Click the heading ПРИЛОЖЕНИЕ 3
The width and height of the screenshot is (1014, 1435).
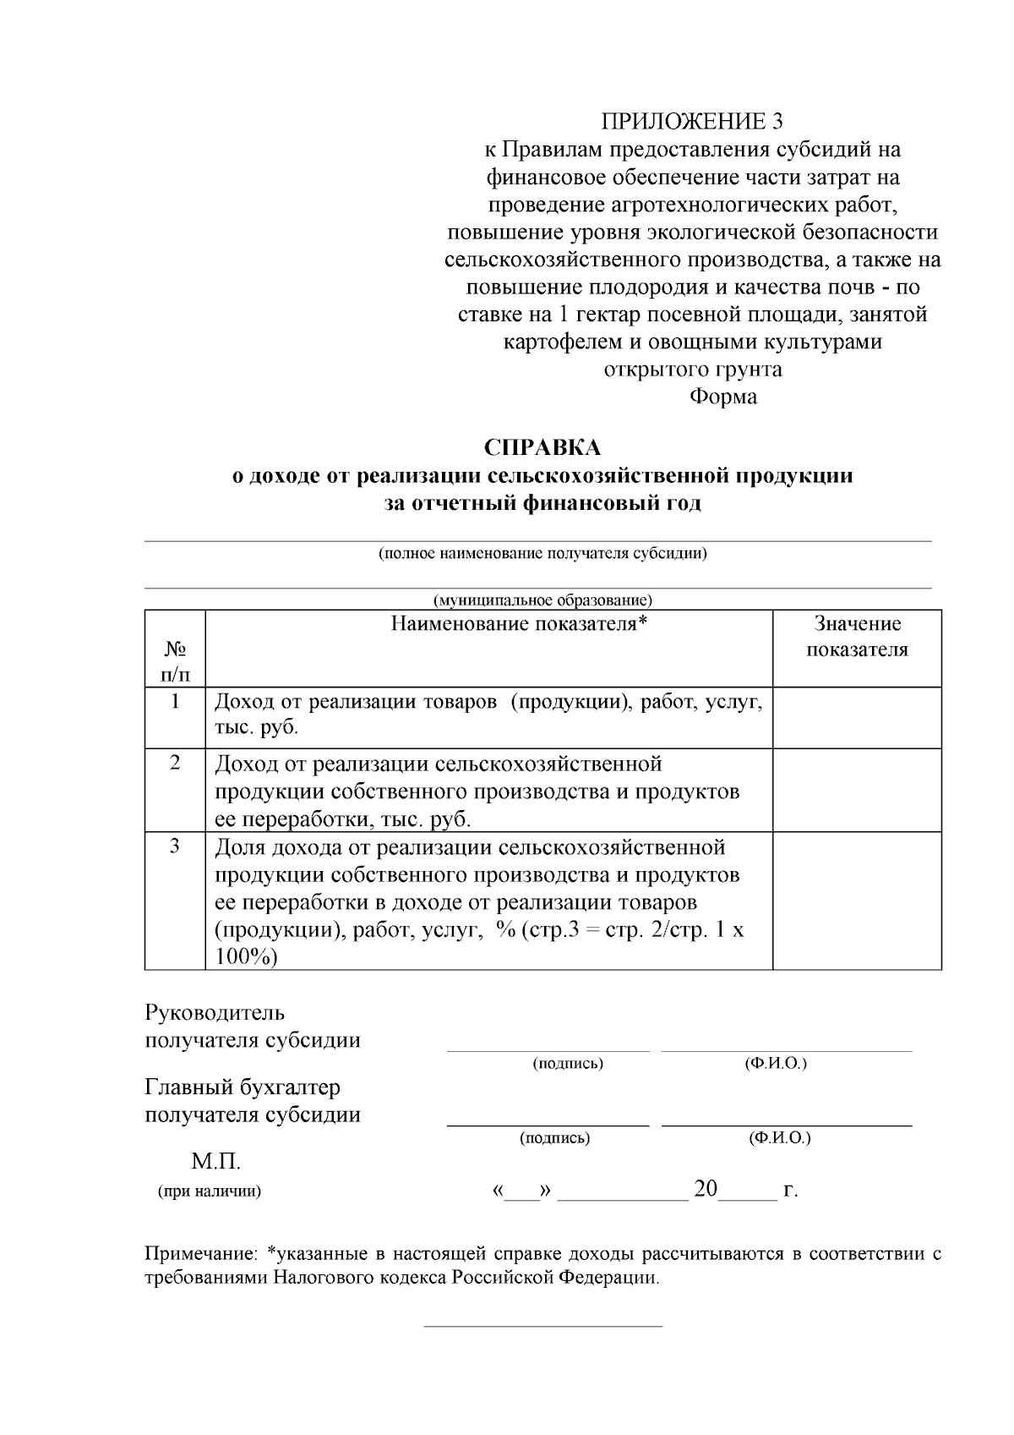[x=692, y=121]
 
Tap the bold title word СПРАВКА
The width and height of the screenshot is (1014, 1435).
[x=542, y=447]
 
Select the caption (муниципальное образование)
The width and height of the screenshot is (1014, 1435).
[x=542, y=600]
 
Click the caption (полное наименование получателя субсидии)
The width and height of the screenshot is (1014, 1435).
[x=542, y=554]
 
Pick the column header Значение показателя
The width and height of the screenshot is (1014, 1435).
[x=857, y=637]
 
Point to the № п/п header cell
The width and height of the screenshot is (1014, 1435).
[x=175, y=661]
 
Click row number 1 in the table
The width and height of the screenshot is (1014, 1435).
[x=175, y=702]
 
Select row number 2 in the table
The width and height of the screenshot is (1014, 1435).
[x=175, y=763]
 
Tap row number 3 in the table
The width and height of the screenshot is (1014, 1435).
[x=175, y=846]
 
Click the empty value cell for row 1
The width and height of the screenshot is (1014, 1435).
[x=857, y=717]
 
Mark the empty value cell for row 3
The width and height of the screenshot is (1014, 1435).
[x=857, y=900]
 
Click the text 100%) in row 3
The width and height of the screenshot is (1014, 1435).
[x=247, y=957]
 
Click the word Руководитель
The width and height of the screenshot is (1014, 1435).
[x=215, y=1013]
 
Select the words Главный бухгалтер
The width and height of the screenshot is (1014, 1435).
[x=243, y=1087]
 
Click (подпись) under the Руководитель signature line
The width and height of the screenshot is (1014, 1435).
[x=567, y=1064]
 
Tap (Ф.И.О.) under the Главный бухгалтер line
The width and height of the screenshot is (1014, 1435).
[x=779, y=1138]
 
